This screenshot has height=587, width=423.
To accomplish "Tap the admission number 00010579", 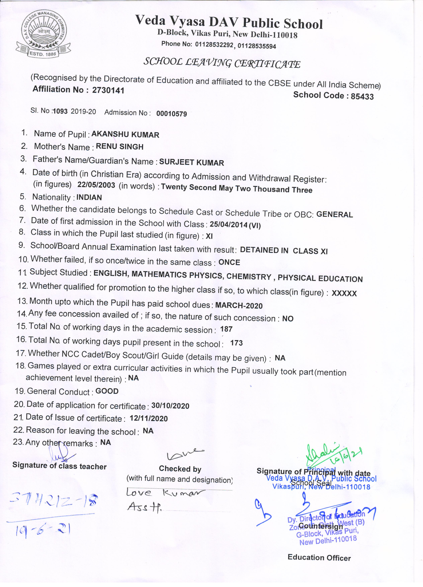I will [172, 114].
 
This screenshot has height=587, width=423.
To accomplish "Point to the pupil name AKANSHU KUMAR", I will [125, 135].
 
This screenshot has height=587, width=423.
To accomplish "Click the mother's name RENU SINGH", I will [119, 147].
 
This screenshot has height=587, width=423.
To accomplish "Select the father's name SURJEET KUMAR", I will [191, 163].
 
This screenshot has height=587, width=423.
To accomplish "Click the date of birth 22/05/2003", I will [96, 185].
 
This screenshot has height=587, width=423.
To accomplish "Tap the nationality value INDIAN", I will [89, 198].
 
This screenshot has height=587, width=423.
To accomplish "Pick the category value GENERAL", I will [334, 215].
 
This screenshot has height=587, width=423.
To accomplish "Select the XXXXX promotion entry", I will [344, 293].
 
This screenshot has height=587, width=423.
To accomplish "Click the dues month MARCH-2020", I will [239, 306].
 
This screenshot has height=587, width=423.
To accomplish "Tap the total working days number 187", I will [226, 329].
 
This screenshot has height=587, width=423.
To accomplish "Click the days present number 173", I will [236, 343].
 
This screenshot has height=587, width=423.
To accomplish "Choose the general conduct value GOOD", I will [107, 391].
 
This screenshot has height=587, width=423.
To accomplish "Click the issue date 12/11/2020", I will [149, 418].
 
